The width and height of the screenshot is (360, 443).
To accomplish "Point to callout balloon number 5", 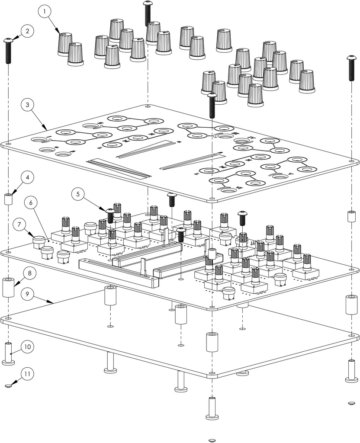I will (x=77, y=194).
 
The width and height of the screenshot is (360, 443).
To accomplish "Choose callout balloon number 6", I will (x=32, y=202).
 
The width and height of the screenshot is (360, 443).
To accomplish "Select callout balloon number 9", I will (x=27, y=294).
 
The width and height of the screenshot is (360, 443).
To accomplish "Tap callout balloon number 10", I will (x=28, y=347).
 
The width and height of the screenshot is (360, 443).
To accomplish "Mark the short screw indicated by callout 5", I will (x=110, y=215).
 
